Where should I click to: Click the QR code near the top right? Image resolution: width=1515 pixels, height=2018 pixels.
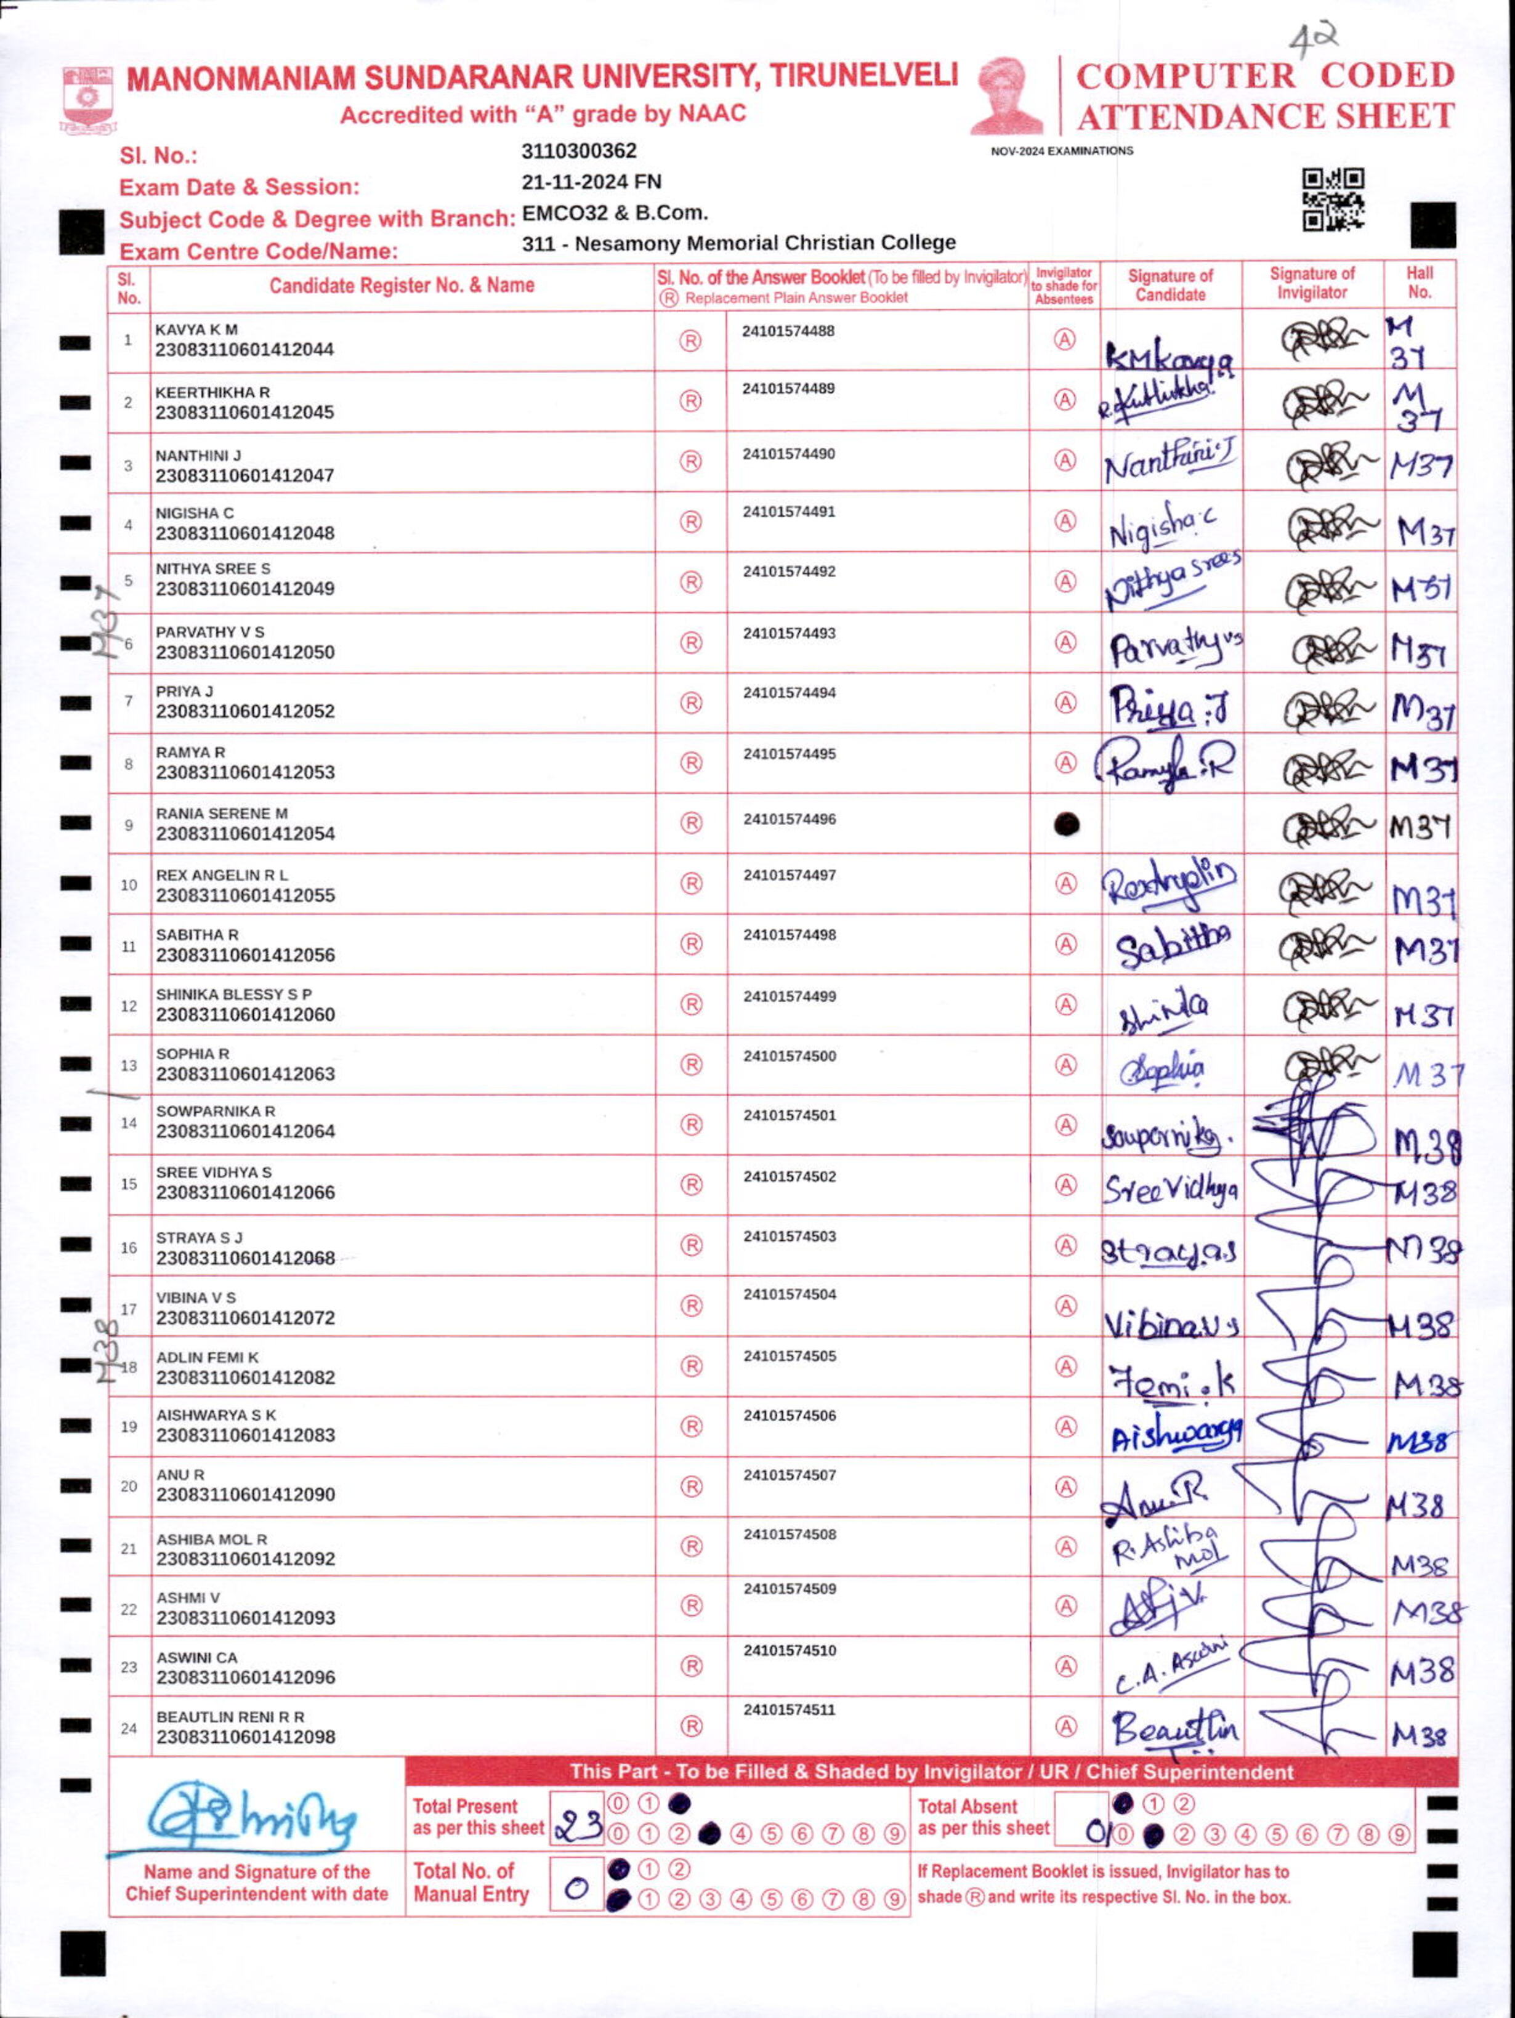[1333, 199]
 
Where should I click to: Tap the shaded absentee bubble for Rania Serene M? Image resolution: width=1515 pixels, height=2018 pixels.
[1066, 824]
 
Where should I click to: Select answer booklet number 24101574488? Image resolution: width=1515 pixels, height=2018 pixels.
[788, 331]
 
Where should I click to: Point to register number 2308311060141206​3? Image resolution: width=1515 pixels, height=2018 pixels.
[244, 1074]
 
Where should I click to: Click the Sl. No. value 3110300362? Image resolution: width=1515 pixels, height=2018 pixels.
[579, 150]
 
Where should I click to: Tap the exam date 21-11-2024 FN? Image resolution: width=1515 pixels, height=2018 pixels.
[591, 182]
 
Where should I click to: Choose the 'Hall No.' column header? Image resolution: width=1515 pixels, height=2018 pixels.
[1419, 283]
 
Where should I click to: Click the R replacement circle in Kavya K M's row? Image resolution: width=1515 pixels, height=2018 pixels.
[690, 341]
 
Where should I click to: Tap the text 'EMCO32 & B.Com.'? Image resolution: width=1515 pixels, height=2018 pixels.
[615, 212]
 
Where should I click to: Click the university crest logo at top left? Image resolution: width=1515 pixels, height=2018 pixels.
[87, 99]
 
